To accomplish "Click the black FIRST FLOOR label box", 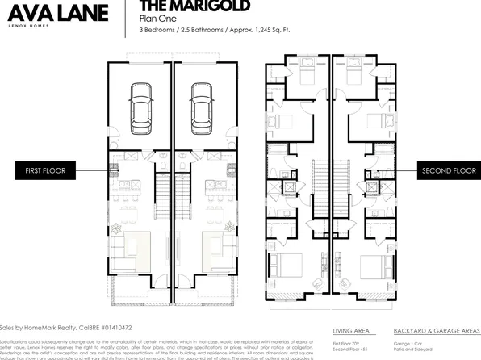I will coord(45,170).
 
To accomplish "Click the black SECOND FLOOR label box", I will coord(449,170).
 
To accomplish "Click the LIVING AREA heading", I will coord(351,332).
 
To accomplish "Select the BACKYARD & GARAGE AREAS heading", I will coord(437,332).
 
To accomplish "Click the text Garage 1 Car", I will coord(408,342).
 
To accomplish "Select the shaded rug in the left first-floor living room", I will coord(137,250).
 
